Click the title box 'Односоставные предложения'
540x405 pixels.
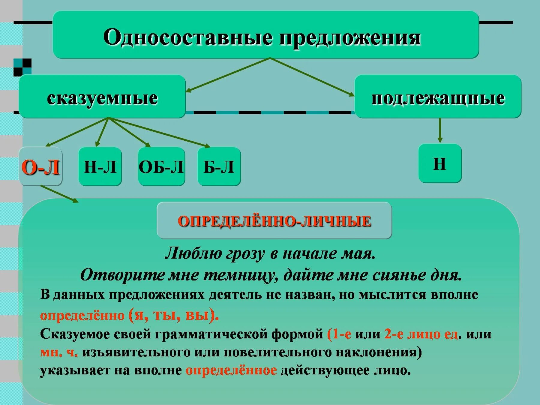(265, 35)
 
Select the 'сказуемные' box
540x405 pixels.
(102, 97)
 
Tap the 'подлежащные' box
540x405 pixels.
(438, 97)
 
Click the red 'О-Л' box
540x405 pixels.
(40, 167)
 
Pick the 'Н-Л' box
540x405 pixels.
(100, 167)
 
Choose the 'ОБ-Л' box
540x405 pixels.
(161, 167)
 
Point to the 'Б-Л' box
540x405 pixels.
(219, 167)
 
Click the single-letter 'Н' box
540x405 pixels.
(439, 164)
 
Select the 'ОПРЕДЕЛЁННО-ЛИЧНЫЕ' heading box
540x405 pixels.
(274, 221)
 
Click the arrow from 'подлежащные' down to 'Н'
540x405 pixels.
(440, 130)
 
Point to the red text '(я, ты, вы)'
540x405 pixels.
(174, 315)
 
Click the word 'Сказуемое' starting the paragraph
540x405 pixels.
(75, 334)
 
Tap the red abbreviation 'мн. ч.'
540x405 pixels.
(59, 352)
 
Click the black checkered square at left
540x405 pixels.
(22, 67)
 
